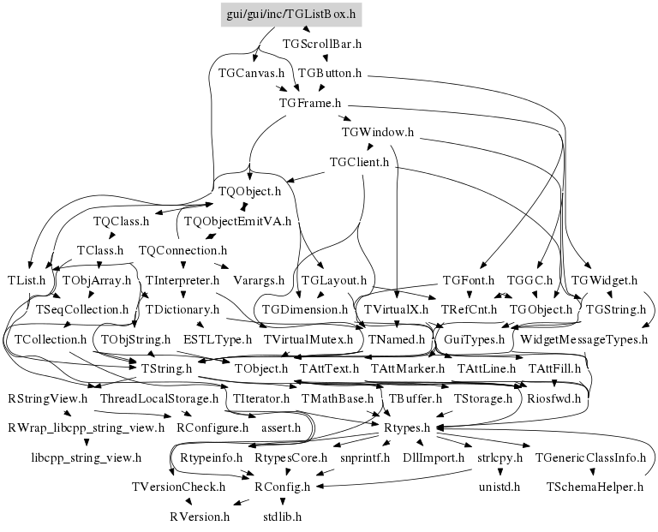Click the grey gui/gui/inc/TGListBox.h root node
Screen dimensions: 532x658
[290, 15]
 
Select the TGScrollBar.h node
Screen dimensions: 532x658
[321, 42]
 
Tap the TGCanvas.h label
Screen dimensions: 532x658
[251, 73]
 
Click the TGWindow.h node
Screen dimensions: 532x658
[378, 132]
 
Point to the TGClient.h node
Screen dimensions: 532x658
[359, 161]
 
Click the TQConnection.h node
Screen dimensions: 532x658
[182, 250]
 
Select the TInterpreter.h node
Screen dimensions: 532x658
[182, 280]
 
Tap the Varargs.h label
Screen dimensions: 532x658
[261, 280]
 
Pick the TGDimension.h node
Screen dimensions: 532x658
[305, 309]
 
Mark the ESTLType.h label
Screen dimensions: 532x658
[218, 339]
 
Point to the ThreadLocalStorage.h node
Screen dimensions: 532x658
[159, 398]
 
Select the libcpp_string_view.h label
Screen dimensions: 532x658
[86, 457]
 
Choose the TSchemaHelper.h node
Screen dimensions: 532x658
[595, 487]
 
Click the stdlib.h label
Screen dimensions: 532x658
[282, 517]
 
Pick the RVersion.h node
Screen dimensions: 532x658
[200, 517]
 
